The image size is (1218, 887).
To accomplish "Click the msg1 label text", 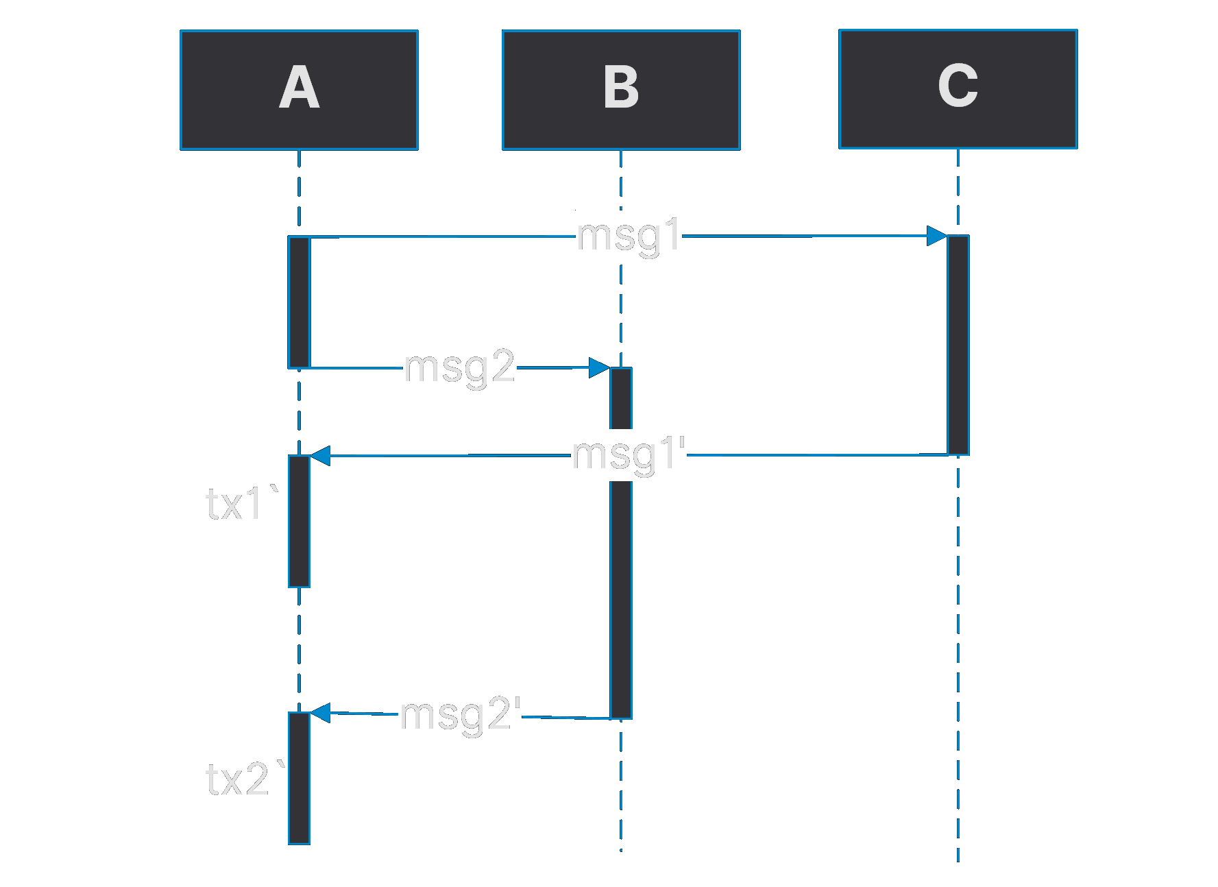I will tap(629, 236).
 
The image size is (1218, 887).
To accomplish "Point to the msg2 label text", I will tap(459, 367).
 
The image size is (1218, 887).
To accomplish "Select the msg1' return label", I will tap(629, 454).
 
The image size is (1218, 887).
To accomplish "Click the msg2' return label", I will tap(460, 714).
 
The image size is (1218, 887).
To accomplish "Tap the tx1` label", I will tap(241, 504).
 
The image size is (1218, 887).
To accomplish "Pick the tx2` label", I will tap(245, 779).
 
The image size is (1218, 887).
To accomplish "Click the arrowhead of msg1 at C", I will tap(937, 236).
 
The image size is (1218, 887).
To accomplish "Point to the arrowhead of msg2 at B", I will tap(599, 367).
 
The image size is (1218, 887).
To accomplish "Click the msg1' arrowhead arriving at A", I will tap(321, 455).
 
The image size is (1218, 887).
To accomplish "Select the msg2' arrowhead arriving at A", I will tap(321, 713).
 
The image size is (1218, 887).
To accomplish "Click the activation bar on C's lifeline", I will tap(958, 345).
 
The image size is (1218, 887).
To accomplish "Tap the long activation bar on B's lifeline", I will tap(621, 583).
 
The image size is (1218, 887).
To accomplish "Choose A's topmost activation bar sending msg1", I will tap(299, 302).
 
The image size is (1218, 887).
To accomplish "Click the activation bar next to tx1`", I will tap(299, 521).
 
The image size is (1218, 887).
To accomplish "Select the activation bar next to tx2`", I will tap(299, 778).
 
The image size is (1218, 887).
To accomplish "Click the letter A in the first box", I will tap(300, 88).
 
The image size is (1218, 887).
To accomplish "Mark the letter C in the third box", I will tap(958, 86).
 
